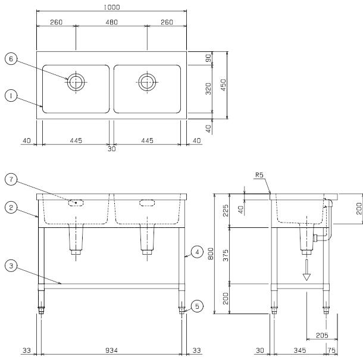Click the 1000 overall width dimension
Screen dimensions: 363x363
pyautogui.click(x=112, y=7)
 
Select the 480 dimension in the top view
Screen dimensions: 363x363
pyautogui.click(x=112, y=22)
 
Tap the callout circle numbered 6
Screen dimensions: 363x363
pyautogui.click(x=11, y=59)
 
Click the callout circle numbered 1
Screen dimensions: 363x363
pyautogui.click(x=11, y=96)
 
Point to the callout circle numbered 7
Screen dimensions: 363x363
pyautogui.click(x=11, y=179)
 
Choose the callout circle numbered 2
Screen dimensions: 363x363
pyautogui.click(x=11, y=208)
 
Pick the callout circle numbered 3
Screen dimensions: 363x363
pyautogui.click(x=11, y=266)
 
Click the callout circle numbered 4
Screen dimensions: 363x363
pyautogui.click(x=197, y=252)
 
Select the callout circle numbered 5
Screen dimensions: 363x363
pyautogui.click(x=197, y=306)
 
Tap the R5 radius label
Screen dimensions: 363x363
pyautogui.click(x=259, y=175)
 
